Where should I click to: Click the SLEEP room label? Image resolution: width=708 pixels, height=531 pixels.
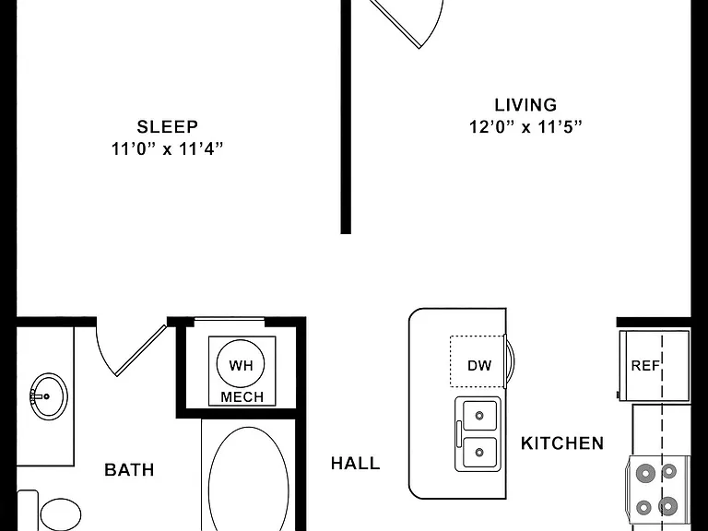pyautogui.click(x=168, y=127)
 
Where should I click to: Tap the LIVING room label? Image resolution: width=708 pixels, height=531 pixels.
pyautogui.click(x=525, y=105)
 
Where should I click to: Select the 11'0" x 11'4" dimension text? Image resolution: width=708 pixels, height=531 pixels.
pyautogui.click(x=168, y=148)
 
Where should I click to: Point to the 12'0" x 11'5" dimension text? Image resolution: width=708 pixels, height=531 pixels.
pyautogui.click(x=525, y=127)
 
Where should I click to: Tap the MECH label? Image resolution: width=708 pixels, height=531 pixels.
pyautogui.click(x=242, y=397)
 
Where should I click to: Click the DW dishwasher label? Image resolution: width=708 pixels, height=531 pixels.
pyautogui.click(x=479, y=365)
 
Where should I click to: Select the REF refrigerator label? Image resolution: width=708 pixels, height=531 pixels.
pyautogui.click(x=645, y=365)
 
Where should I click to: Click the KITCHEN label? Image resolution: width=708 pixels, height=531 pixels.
pyautogui.click(x=562, y=443)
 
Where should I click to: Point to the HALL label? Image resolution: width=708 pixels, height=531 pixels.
pyautogui.click(x=355, y=464)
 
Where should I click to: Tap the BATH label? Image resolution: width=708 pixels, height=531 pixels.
pyautogui.click(x=129, y=469)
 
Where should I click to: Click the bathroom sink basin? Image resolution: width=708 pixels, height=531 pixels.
pyautogui.click(x=49, y=395)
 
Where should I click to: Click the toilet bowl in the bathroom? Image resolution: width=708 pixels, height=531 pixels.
pyautogui.click(x=61, y=514)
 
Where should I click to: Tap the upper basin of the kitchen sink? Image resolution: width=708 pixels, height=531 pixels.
pyautogui.click(x=479, y=415)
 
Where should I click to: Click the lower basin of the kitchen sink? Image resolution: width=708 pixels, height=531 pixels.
pyautogui.click(x=479, y=452)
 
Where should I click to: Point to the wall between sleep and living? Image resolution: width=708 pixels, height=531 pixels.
pyautogui.click(x=346, y=116)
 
